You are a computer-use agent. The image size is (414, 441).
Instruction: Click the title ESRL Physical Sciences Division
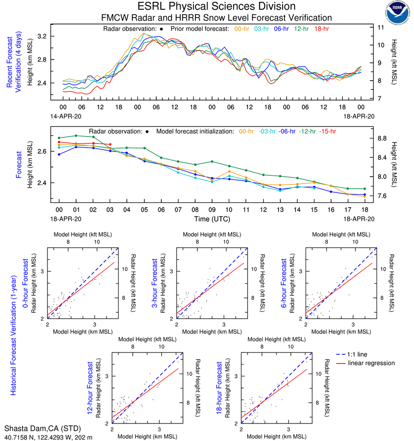click(x=216, y=6)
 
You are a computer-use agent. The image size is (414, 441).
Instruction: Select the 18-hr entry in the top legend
click(x=322, y=29)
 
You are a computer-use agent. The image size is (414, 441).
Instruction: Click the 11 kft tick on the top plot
click(x=381, y=27)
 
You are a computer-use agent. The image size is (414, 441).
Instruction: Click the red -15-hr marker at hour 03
click(x=110, y=144)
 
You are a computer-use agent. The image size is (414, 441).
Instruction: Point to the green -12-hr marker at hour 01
click(x=76, y=136)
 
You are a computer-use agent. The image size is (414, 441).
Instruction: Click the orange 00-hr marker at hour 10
click(x=229, y=172)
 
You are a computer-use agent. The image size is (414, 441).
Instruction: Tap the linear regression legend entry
click(x=372, y=363)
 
